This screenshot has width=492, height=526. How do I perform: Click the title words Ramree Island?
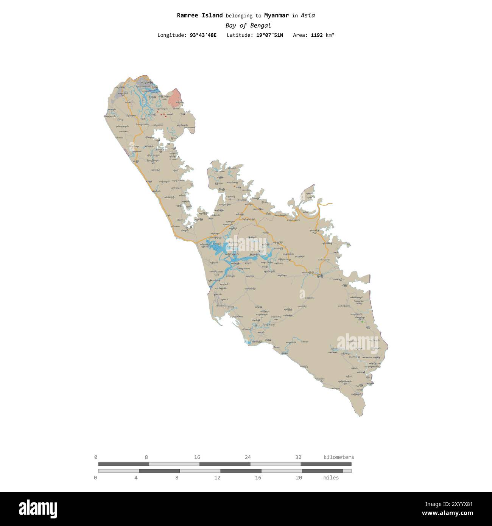pos(199,16)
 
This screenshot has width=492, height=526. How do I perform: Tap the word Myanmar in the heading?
pos(276,16)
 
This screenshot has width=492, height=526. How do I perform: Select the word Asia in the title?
pos(308,16)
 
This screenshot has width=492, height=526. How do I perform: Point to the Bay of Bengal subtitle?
pos(248,25)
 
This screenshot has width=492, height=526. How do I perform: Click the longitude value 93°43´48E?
pos(203,35)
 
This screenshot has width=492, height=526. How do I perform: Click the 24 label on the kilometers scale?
pos(248,457)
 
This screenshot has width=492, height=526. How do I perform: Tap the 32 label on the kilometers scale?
pos(298,457)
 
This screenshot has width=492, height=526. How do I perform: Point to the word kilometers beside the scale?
pos(339,457)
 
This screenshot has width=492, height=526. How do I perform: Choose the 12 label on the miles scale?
pos(217,478)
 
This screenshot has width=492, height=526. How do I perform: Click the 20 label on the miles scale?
pos(299,478)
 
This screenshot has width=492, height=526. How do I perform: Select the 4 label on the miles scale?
pos(136,478)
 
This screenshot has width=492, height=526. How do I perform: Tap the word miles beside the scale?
pos(331,478)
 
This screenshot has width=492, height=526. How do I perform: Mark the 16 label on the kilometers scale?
pos(197,457)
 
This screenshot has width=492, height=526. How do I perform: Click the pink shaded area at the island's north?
pos(175,98)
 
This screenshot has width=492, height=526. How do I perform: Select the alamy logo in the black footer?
pos(38,509)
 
